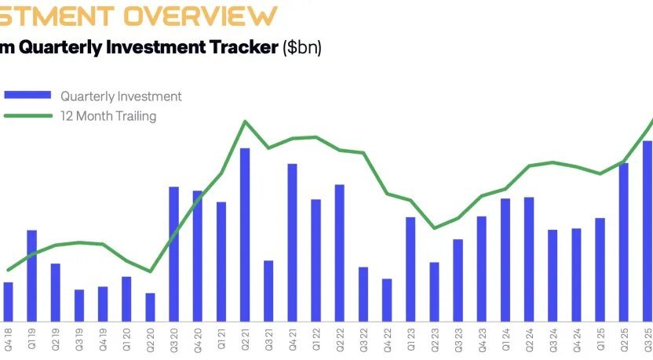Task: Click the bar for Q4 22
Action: click(x=387, y=300)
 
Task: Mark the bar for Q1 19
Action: click(x=32, y=275)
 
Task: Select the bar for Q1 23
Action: click(x=410, y=268)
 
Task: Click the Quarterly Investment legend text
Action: click(x=121, y=96)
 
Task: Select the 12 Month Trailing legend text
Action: click(x=108, y=116)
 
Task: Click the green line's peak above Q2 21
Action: click(x=245, y=122)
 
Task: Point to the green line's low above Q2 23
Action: click(x=434, y=228)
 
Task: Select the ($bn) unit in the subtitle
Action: click(x=302, y=47)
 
